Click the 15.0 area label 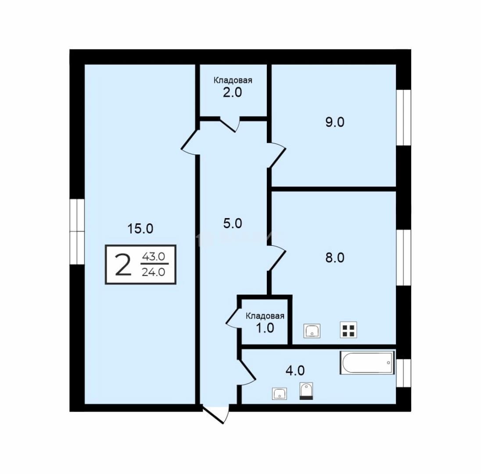point(140,229)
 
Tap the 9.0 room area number point(335,122)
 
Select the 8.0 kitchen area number point(335,258)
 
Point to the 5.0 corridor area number point(233,223)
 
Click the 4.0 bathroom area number point(295,370)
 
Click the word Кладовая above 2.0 point(233,80)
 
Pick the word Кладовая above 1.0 point(265,316)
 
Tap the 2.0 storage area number point(233,92)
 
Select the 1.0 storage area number point(265,328)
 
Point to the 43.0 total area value point(153,256)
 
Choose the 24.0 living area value point(153,272)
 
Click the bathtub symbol point(367,363)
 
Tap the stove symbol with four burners point(348,330)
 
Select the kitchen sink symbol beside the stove point(312,331)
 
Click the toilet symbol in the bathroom point(306,391)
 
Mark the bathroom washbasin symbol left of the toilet point(280,394)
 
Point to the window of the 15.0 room point(77,232)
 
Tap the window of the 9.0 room point(404,118)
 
